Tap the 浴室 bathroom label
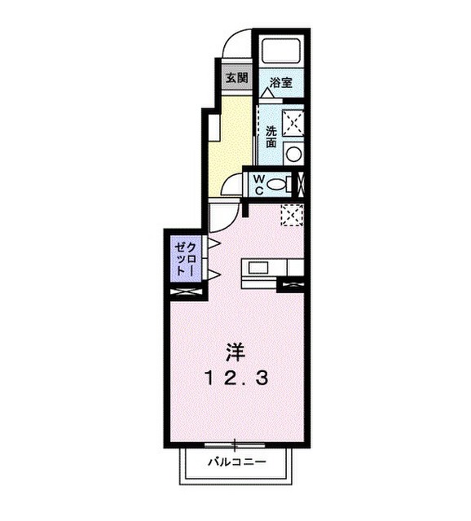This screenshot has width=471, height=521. click(281, 82)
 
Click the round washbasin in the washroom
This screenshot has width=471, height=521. click(293, 153)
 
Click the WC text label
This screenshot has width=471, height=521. click(258, 184)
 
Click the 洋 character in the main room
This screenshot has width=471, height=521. click(236, 352)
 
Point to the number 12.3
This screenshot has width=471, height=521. click(235, 379)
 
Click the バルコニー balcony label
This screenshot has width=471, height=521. click(235, 463)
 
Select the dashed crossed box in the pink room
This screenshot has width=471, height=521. click(291, 216)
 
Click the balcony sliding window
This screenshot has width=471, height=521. click(236, 444)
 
